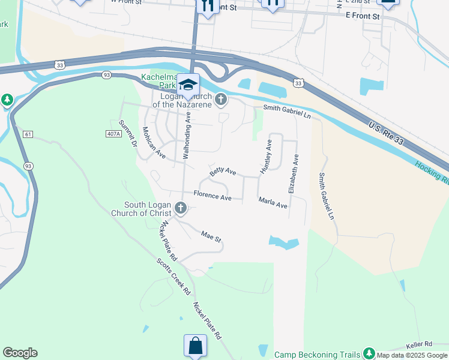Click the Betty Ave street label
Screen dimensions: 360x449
coord(223,172)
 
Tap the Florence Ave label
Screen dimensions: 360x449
coord(212,196)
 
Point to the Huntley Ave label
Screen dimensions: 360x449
coord(266,157)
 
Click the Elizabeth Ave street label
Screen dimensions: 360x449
coord(294,173)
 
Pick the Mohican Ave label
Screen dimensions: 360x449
coord(154,142)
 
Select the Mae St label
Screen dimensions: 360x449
coord(211,236)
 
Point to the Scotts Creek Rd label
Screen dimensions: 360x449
coord(173,277)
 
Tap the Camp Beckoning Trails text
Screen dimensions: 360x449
coord(318,355)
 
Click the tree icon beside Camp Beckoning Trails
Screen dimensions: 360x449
coord(369,354)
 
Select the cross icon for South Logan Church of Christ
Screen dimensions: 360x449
coord(181,209)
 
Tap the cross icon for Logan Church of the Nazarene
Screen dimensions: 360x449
coord(221,99)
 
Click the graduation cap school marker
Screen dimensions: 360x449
coord(188,84)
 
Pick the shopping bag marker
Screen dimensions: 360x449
coord(195,346)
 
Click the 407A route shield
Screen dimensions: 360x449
coord(112,133)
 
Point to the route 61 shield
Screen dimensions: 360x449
coord(28,134)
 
